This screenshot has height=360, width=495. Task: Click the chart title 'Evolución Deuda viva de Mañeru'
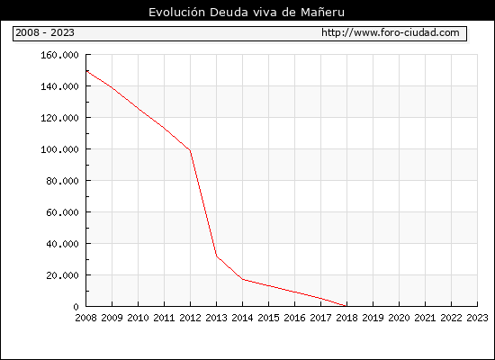click(247, 12)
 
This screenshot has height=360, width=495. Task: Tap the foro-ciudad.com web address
click(391, 32)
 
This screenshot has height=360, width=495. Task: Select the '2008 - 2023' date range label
click(45, 32)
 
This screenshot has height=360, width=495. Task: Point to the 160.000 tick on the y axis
click(59, 55)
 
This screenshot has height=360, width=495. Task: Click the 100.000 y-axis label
click(59, 149)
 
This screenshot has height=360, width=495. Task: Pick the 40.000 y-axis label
click(62, 244)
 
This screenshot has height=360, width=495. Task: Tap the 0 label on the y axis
click(76, 307)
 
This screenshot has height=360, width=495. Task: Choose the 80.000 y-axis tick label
click(62, 181)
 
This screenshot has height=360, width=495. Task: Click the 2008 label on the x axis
click(85, 318)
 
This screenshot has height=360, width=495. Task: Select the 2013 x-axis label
click(216, 318)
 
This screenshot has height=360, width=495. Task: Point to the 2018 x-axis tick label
click(346, 318)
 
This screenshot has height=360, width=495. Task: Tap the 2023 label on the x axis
click(477, 318)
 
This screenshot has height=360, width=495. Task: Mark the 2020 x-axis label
click(399, 318)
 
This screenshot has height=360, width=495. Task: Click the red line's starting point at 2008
click(86, 71)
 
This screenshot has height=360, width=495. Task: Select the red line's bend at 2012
click(190, 150)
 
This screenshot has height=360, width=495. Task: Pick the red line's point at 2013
click(216, 256)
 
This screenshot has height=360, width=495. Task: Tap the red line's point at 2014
click(242, 279)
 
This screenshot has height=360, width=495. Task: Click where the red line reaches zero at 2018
click(346, 306)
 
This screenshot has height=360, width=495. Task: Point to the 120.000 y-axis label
click(59, 118)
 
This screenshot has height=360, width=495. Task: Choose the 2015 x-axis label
click(269, 318)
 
